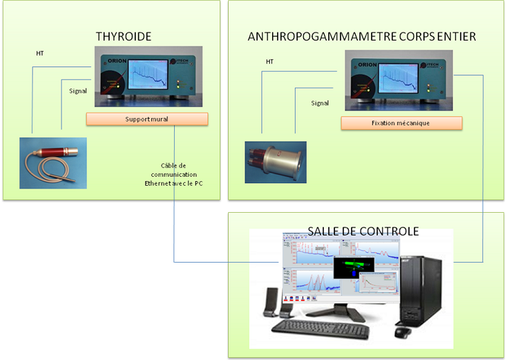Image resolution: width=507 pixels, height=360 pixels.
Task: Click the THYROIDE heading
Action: (123, 36)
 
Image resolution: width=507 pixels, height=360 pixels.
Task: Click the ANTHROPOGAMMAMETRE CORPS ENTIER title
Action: (361, 36)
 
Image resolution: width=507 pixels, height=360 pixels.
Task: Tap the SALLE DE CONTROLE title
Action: (364, 231)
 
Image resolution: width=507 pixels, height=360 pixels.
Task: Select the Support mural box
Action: (147, 120)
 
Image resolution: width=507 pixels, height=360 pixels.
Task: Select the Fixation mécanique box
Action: (401, 124)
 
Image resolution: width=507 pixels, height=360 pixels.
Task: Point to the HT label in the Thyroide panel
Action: (40, 53)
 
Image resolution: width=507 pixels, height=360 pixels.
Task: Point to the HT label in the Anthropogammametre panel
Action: (270, 62)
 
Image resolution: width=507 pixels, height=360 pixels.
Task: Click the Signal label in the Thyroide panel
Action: (78, 91)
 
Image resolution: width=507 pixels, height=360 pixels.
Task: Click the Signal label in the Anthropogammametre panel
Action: (320, 103)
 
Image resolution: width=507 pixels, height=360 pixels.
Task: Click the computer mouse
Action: (403, 332)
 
